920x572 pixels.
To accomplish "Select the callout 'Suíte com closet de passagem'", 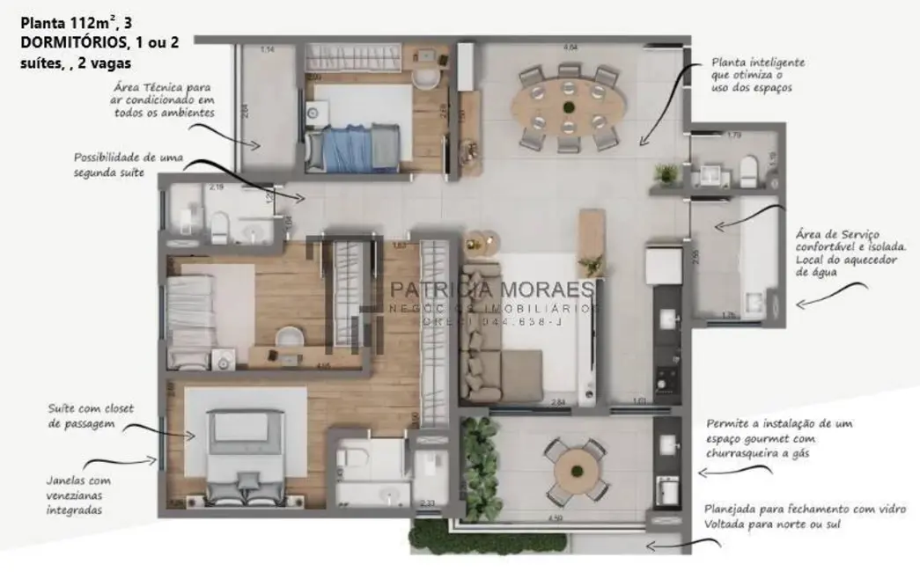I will (85, 416).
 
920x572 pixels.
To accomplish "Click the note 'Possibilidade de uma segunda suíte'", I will (129, 165).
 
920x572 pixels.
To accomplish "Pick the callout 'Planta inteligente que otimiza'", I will (758, 76).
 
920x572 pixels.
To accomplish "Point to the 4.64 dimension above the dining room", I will (570, 47).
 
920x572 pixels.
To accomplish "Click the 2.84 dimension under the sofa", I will (557, 403).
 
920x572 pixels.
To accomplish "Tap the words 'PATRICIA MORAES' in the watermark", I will (493, 290).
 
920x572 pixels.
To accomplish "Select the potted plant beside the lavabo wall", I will (668, 172).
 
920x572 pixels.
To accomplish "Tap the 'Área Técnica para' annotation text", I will (163, 87).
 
